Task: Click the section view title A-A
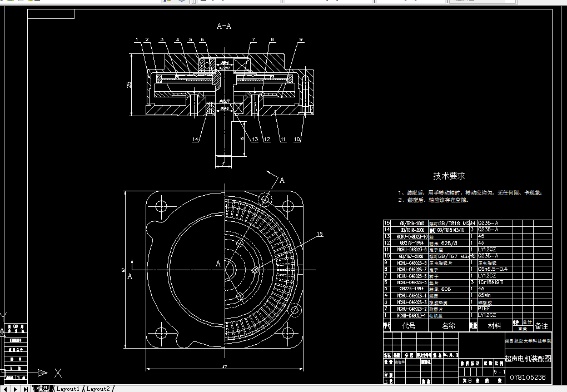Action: [224, 26]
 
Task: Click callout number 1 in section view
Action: [136, 39]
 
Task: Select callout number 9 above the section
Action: [300, 39]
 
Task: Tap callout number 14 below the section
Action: [196, 140]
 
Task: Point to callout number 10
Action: [297, 140]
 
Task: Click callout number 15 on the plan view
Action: [320, 234]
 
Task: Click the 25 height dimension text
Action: [128, 85]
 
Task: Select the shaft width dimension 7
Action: [222, 164]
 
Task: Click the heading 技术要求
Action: [449, 176]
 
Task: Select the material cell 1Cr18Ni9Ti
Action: [492, 282]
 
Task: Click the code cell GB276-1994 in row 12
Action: [411, 242]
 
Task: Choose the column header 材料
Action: [494, 326]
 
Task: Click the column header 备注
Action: [541, 326]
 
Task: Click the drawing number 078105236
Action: [528, 378]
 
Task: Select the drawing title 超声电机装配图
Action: [528, 359]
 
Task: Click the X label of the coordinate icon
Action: [58, 373]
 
